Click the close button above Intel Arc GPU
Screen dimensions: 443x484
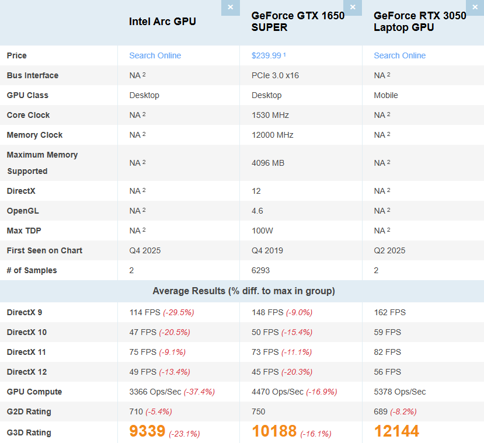coord(230,8)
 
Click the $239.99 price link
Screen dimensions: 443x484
coord(268,55)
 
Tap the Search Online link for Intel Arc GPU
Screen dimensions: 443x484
coord(155,55)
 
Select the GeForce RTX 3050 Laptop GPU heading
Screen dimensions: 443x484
coord(420,22)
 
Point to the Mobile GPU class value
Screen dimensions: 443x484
coord(386,95)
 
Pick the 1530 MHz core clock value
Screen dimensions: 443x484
coord(270,115)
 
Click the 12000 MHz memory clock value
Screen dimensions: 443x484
coord(272,135)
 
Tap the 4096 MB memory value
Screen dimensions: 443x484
coord(267,163)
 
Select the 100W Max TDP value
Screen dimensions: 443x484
coord(262,231)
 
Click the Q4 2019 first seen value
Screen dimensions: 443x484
coord(267,250)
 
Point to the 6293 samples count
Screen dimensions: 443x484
coord(260,270)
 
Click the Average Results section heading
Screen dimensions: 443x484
coord(243,291)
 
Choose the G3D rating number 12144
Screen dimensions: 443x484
coord(396,432)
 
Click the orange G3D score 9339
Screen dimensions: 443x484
coord(147,432)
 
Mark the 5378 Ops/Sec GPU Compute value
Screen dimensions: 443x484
coord(400,392)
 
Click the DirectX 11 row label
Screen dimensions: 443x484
coord(26,352)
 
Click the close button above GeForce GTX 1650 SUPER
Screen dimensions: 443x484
coord(353,8)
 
